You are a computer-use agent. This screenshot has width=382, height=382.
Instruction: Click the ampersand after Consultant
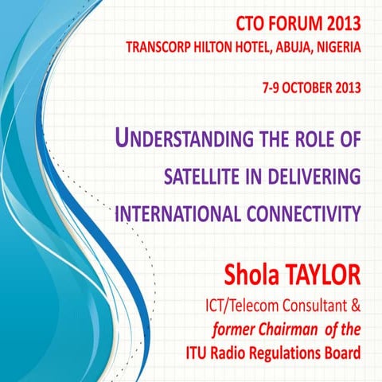pyautogui.click(x=355, y=305)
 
